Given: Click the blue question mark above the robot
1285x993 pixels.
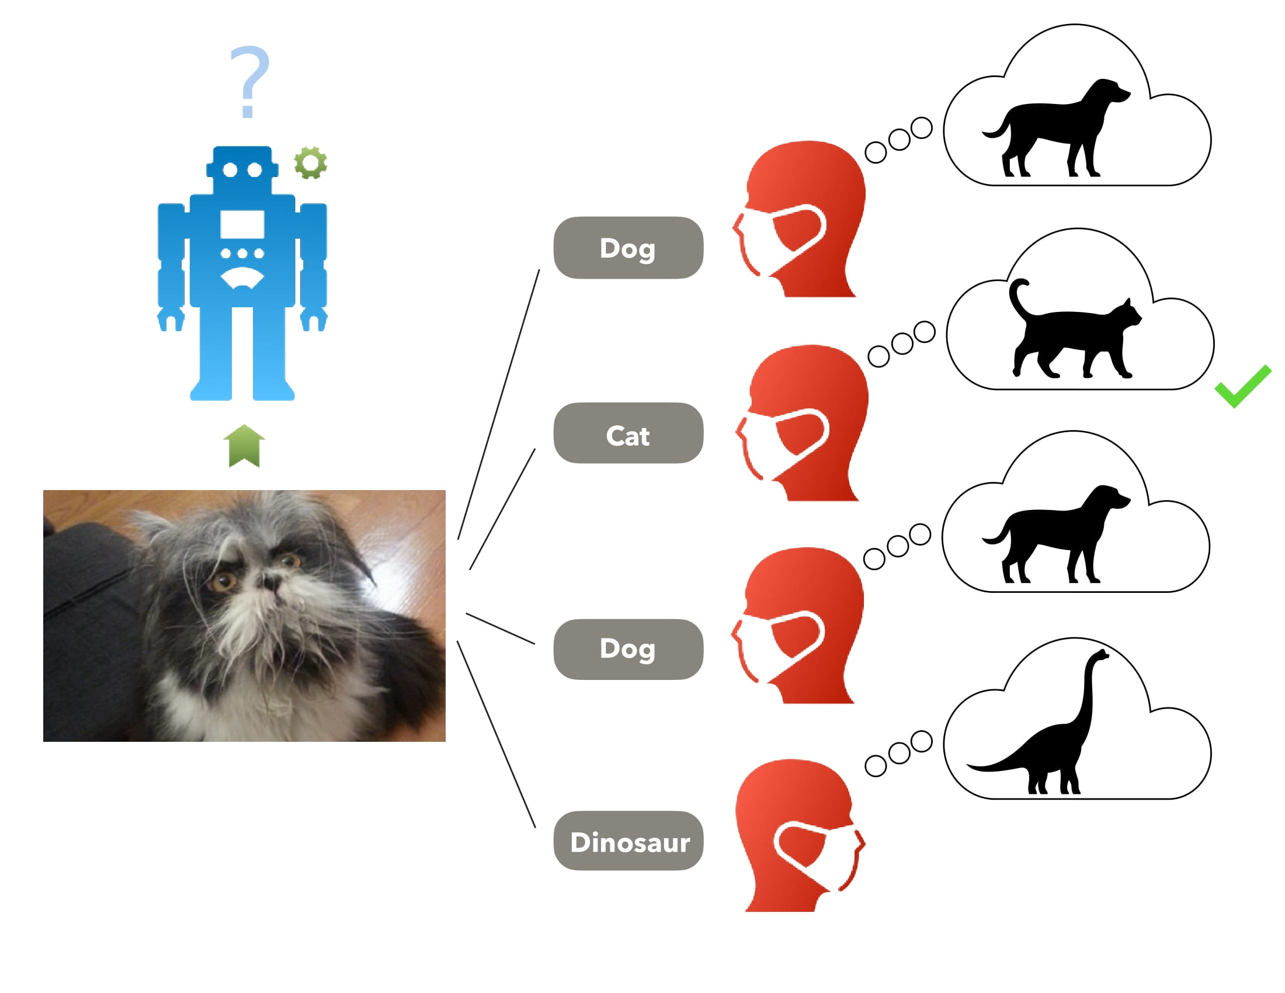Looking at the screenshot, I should coord(249,80).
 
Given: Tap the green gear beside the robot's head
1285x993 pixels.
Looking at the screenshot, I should coord(310,162).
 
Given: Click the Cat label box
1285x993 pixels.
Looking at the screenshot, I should coord(628,433).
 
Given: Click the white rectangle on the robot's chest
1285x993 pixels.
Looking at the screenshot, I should coord(242,224).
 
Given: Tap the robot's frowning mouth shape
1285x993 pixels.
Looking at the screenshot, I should coord(242,277).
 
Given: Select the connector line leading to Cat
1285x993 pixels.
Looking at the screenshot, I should coord(502,509).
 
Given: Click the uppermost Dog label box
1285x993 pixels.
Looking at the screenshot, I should coord(628,248).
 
